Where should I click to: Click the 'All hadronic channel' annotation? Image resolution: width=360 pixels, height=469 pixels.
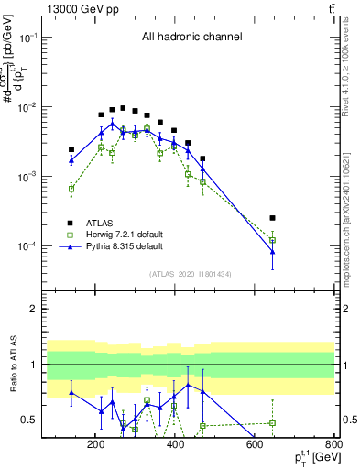(191, 38)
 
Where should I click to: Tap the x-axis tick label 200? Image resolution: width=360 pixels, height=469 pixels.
(95, 444)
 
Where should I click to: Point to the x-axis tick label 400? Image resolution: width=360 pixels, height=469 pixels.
(175, 444)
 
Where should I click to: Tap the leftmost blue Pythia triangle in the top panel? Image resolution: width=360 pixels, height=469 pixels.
(71, 160)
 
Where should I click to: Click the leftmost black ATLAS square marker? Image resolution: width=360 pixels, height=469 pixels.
(71, 149)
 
